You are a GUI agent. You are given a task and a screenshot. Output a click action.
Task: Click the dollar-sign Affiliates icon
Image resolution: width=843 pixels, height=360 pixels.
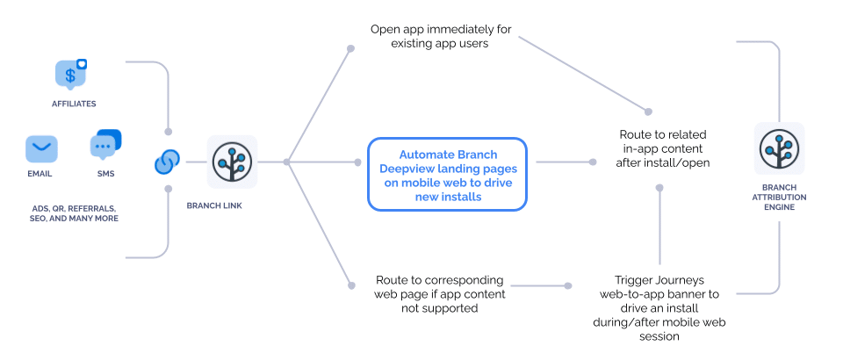pos(71,75)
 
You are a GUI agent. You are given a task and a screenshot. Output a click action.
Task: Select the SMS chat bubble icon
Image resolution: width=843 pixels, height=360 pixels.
pos(104,146)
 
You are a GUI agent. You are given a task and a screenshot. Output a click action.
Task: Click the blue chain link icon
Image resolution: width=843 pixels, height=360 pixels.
pos(167,162)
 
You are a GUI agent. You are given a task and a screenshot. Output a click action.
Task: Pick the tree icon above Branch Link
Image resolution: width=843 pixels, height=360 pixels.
pos(232,162)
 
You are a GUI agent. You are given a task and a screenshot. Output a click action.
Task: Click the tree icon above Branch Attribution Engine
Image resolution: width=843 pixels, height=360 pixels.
pos(779,148)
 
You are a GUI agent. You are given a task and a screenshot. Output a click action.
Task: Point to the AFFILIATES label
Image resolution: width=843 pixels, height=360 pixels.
pos(74,104)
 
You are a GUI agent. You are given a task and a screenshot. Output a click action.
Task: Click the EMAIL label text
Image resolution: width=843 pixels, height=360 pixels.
pos(40,174)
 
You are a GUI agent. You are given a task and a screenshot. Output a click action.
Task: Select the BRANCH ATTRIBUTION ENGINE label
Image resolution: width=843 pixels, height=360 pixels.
pos(779,198)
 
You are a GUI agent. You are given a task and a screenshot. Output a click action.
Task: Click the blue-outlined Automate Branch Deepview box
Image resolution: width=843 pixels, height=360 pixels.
pos(446,174)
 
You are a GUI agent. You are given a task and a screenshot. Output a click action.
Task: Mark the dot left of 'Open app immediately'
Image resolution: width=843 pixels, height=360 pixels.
pos(350,49)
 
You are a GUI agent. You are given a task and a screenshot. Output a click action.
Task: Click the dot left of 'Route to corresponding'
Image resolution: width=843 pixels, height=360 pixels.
pos(350,284)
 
